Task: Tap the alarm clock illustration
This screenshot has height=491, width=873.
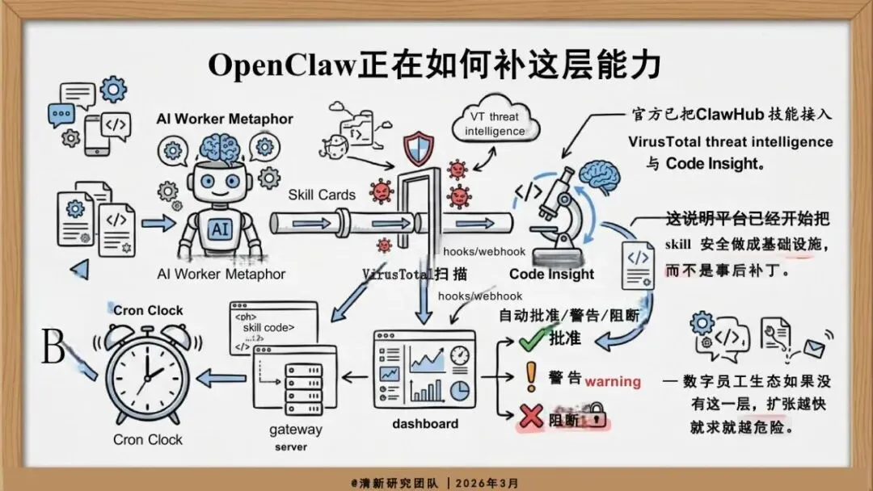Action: [148, 373]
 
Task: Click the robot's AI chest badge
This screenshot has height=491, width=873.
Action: [218, 229]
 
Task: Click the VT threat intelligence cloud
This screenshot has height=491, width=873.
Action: [494, 124]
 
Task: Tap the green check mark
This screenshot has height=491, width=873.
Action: [529, 339]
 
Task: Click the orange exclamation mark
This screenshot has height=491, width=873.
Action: [530, 376]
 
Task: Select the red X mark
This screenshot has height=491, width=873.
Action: [530, 415]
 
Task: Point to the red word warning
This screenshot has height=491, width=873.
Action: [613, 380]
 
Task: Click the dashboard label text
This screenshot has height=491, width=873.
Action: [425, 423]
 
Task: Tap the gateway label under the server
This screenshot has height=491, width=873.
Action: [295, 430]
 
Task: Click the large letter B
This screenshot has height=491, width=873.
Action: [53, 349]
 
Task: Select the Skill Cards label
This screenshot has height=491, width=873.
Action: [322, 195]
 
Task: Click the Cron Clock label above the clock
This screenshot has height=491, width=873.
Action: [148, 310]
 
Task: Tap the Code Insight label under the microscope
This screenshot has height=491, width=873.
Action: [551, 274]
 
